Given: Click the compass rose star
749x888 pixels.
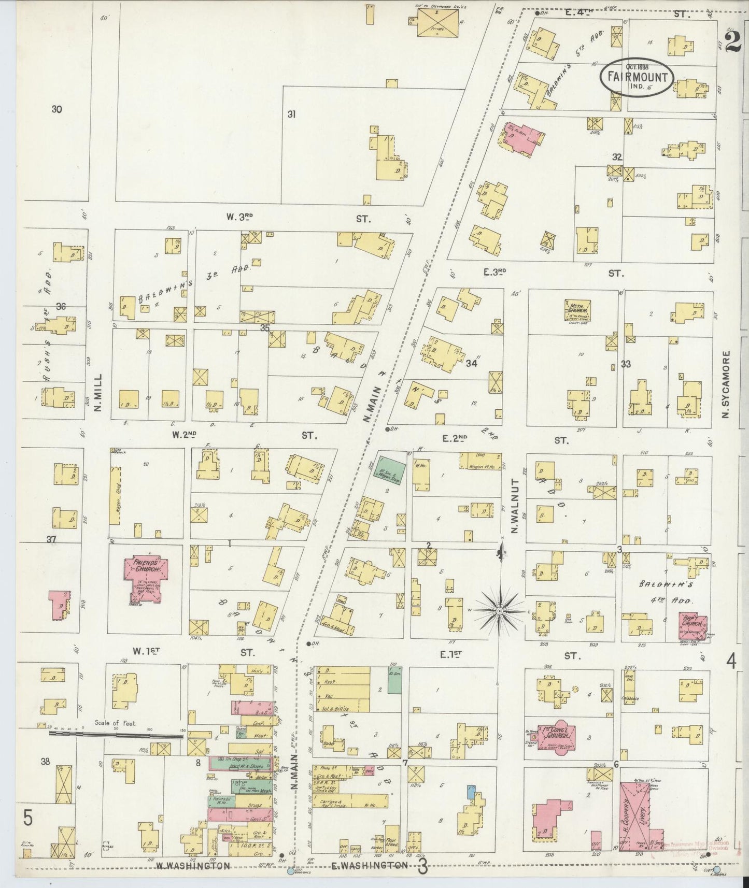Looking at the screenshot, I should coord(499,611).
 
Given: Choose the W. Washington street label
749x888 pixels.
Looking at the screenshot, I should coord(193,865).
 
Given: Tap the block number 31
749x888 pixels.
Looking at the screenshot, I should coord(291,114).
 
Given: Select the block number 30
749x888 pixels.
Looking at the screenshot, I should coord(56,109).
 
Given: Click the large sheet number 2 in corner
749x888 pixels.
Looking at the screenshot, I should coord(732,41).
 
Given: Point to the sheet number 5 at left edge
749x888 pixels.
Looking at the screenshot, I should coord(28,819).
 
